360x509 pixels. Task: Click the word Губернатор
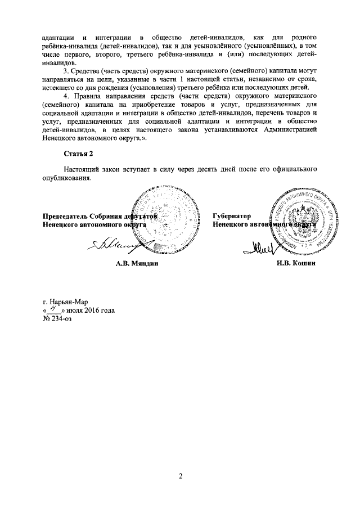232,215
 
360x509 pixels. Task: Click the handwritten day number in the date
55,309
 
